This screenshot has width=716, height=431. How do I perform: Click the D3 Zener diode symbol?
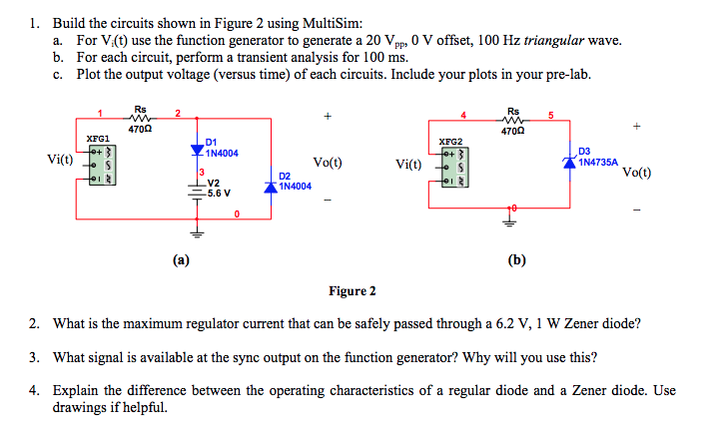[570, 159]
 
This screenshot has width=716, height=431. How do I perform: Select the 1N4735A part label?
[598, 161]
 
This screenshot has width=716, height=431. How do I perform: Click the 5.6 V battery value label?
[219, 194]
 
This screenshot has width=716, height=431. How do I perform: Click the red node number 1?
[99, 113]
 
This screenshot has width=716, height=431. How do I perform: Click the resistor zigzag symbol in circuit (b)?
[513, 120]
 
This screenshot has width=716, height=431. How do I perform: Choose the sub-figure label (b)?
[516, 260]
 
